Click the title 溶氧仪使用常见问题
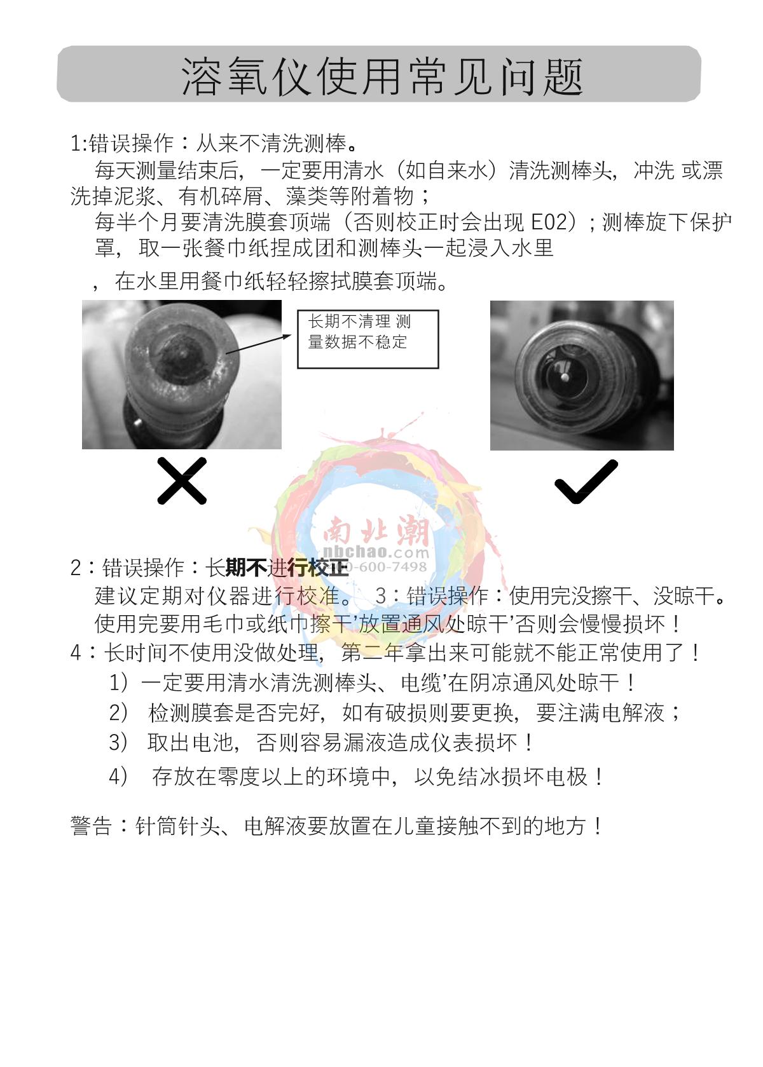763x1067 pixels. click(381, 76)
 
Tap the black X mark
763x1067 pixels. click(182, 480)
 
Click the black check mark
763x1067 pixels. click(586, 481)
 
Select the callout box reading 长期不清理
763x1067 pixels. click(368, 339)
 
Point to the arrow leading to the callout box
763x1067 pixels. click(258, 344)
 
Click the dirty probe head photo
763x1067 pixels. click(182, 374)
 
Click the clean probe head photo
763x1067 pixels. click(582, 376)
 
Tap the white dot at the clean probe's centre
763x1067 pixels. click(565, 377)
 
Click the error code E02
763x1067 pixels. click(549, 222)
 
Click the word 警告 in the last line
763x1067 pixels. click(91, 826)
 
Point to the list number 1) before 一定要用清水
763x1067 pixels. click(119, 683)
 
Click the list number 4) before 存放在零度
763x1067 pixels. click(119, 777)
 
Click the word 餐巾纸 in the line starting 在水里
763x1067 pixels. click(233, 282)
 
